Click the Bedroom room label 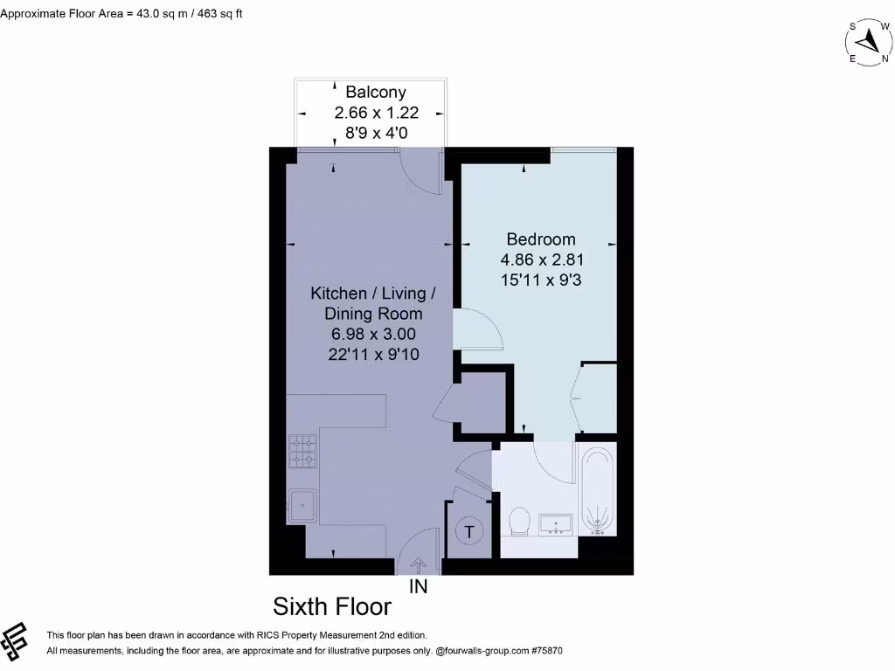(541, 239)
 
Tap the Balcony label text (376, 92)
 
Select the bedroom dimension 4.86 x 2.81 (541, 259)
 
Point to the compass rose (867, 41)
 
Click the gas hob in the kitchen (303, 452)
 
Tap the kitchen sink (302, 504)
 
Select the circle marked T (470, 531)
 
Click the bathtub (599, 489)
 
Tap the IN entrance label (419, 587)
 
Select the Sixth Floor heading (332, 606)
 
